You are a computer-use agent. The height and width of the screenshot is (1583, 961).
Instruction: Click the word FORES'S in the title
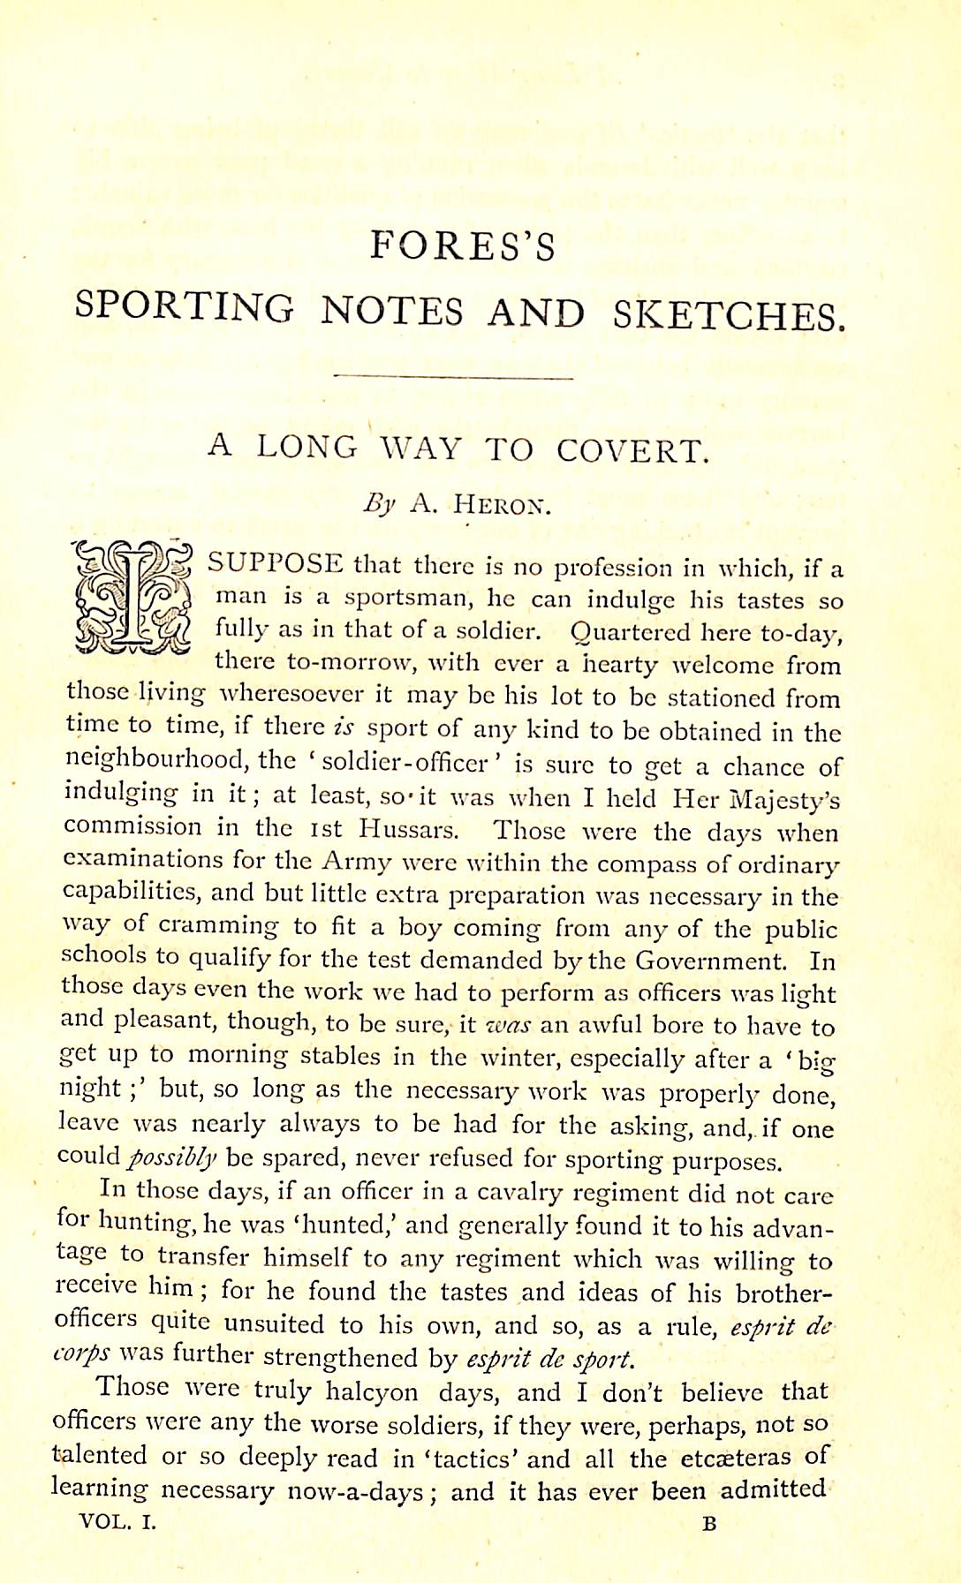[x=462, y=246]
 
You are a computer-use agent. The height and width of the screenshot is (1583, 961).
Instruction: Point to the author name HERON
[x=502, y=505]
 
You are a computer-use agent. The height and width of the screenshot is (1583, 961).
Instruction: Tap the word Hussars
[x=409, y=830]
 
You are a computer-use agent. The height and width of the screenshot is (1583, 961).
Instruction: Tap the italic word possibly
[x=172, y=1157]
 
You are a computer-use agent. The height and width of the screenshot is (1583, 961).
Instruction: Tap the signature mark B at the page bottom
[x=709, y=1523]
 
